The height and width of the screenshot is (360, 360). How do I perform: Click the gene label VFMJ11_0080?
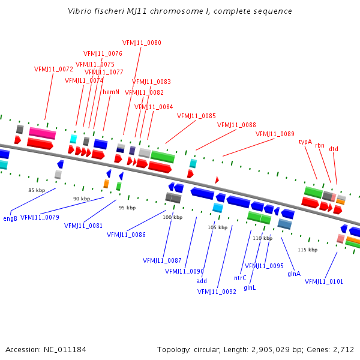(x=142, y=43)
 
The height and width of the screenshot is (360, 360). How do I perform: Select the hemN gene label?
(x=111, y=92)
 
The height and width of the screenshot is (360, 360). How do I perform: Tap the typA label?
(x=305, y=142)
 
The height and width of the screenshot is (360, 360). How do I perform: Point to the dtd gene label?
(x=334, y=149)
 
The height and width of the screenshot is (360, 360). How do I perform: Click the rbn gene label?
(x=320, y=146)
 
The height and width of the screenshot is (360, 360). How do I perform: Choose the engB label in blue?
(x=10, y=218)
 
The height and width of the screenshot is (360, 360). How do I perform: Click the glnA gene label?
(x=294, y=274)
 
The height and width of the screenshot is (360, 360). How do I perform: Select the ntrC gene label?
(x=240, y=278)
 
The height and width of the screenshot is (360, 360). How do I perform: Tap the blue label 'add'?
(x=202, y=281)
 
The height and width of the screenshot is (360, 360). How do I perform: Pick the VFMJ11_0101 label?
(x=324, y=281)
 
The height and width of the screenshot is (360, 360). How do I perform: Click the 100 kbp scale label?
(x=172, y=217)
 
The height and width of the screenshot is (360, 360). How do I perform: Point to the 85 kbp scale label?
(x=37, y=190)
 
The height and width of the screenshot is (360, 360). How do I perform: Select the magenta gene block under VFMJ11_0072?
(x=42, y=133)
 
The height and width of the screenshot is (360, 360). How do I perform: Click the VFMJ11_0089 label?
(x=275, y=134)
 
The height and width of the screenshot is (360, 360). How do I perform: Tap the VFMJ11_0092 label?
(x=217, y=292)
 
